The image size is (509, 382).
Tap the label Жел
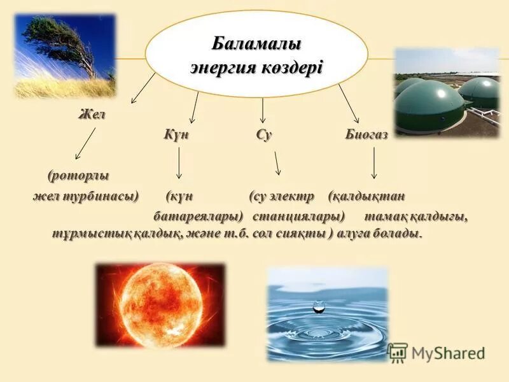[x=91, y=115]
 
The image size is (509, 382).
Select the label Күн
[x=176, y=134]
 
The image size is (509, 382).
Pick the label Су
[x=264, y=134]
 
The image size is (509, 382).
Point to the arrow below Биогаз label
[x=373, y=163]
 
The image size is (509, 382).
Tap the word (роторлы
[x=78, y=174]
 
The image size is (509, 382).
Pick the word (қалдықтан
[x=367, y=195]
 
